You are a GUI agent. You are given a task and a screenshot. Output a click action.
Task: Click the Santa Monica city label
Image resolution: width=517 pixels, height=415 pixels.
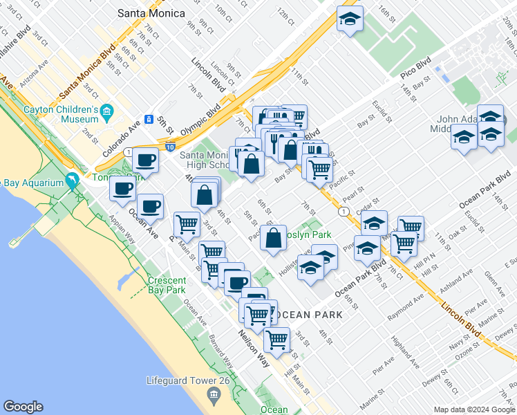click(151, 13)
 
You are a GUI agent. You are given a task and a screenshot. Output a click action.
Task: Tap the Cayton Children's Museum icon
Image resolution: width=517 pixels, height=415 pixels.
click(107, 111)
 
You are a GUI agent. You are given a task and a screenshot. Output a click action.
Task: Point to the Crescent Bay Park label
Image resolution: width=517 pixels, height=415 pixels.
click(166, 285)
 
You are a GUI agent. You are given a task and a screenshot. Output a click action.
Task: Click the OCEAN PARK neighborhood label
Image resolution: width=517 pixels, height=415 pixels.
click(308, 315)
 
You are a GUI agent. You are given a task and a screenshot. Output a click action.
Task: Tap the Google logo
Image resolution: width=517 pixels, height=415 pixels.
click(23, 407)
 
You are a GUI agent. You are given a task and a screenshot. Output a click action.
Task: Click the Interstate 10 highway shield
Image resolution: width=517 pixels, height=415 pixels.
click(170, 146)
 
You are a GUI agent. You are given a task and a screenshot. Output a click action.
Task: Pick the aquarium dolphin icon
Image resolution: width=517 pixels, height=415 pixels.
click(72, 181)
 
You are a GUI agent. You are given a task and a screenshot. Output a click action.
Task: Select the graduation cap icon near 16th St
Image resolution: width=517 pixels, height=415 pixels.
click(350, 19)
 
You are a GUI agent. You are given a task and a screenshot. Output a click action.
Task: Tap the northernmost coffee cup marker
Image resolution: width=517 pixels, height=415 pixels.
click(146, 161)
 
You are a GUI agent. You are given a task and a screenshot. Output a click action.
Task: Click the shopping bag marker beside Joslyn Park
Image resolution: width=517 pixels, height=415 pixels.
click(274, 237)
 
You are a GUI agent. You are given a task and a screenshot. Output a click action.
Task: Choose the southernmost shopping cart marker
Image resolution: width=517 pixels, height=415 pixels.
click(276, 340)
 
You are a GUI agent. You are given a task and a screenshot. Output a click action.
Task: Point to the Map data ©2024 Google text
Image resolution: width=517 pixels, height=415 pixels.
click(474, 409)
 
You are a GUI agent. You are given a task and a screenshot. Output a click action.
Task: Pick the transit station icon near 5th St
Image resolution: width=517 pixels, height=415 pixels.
click(148, 119)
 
